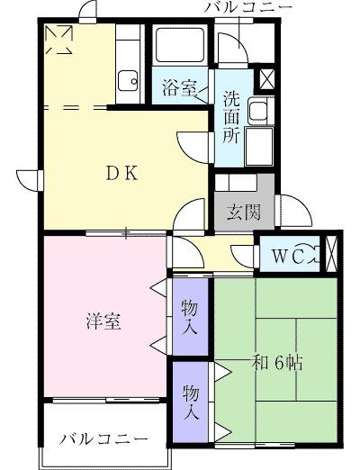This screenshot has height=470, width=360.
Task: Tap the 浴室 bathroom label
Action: tap(180, 87)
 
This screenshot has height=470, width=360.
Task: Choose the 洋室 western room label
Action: tap(103, 321)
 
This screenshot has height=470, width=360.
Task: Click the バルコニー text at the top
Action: tap(247, 7)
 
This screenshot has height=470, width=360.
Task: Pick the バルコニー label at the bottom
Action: tap(103, 439)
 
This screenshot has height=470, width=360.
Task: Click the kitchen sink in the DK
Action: tap(128, 83)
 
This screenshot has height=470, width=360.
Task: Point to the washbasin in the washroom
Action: tap(258, 113)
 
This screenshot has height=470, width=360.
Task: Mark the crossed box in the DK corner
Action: tap(59, 40)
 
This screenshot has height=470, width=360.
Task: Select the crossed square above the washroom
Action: tap(267, 78)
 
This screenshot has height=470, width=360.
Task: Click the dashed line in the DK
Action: tap(76, 108)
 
